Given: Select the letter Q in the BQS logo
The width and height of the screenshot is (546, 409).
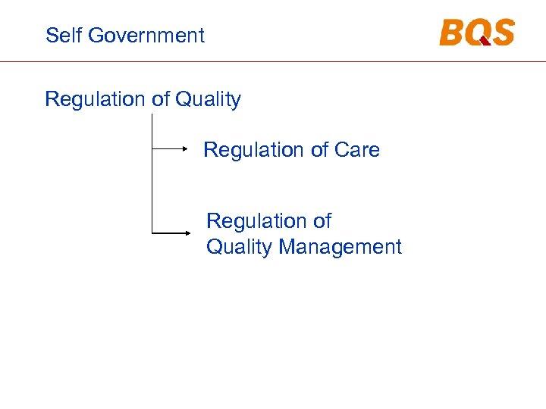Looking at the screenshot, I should coord(479,33).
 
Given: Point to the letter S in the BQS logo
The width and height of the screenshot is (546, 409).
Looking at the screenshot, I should coord(502,33).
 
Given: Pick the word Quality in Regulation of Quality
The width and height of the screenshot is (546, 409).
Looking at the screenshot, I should coord(208,100).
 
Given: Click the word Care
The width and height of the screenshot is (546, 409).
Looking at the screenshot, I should coord(356,150).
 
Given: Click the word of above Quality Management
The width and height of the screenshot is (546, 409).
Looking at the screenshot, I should coord(322,221).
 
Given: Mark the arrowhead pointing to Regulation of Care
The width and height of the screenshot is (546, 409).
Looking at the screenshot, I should coord(185,150).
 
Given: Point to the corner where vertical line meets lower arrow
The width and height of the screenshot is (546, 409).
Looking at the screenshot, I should coord(152,232).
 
